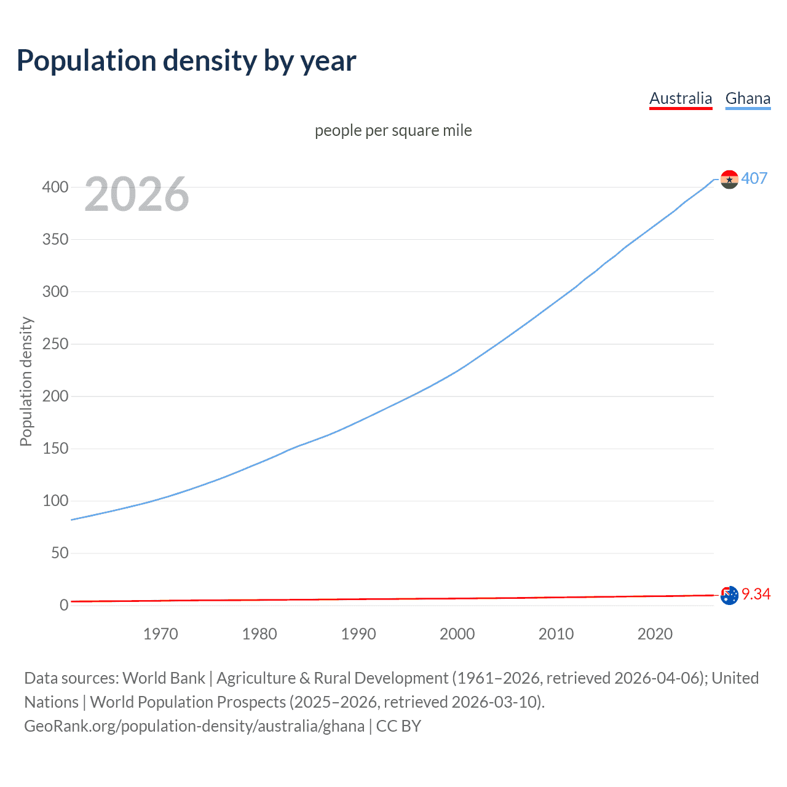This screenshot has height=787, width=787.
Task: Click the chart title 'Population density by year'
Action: tap(186, 61)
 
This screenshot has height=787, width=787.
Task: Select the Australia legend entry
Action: tap(680, 98)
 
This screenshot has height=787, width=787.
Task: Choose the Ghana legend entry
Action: tap(748, 98)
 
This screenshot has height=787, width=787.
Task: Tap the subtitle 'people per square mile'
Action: tap(393, 130)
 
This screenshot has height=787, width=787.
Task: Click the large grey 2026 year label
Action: tap(136, 194)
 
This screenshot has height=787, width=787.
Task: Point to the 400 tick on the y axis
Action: tap(55, 187)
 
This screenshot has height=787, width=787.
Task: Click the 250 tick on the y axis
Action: tap(55, 344)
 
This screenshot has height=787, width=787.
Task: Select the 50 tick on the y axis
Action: tap(60, 553)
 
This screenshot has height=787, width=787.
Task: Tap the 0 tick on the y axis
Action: tap(64, 605)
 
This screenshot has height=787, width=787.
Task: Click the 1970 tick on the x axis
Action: tap(160, 634)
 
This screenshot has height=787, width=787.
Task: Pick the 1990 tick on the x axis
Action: tap(358, 634)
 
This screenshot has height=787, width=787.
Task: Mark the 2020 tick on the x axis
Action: tap(655, 634)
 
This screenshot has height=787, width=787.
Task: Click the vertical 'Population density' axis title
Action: tap(26, 381)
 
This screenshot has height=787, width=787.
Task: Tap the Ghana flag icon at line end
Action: tap(729, 180)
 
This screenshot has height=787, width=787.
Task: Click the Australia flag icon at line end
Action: tap(729, 595)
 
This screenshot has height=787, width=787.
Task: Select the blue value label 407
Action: tap(754, 178)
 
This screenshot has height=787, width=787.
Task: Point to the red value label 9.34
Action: tap(756, 594)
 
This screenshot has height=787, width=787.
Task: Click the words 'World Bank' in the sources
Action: tap(164, 678)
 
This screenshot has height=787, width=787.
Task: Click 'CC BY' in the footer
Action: tap(398, 726)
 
